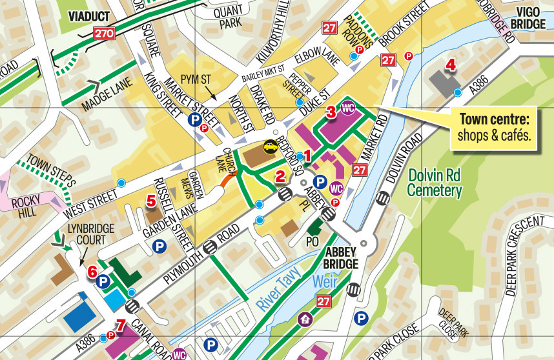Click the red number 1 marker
[308, 155]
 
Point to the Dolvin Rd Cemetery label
[435, 183]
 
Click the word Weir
[326, 282]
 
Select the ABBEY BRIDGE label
[341, 258]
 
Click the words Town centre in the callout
[494, 120]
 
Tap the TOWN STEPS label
[52, 170]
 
